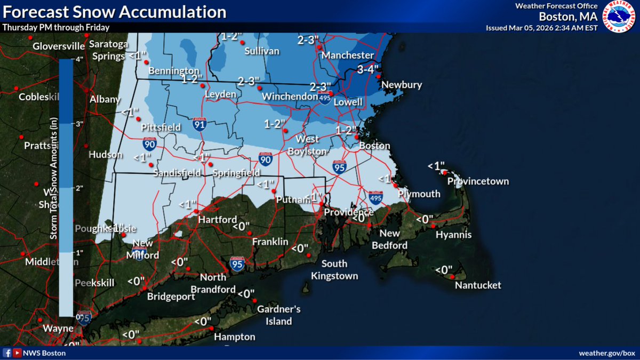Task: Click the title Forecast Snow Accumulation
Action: click(113, 12)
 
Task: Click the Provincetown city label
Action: click(478, 181)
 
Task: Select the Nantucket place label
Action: click(478, 285)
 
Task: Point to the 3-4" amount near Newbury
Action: click(368, 69)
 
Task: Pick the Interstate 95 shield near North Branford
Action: click(237, 263)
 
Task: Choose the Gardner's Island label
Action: click(279, 315)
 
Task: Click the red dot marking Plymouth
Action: click(396, 186)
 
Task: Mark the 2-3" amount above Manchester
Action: click(308, 39)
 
